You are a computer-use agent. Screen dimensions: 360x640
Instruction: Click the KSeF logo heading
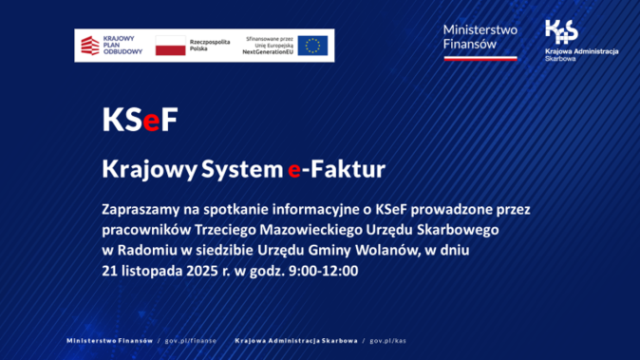[139, 121]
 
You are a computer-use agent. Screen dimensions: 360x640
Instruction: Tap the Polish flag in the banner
[170, 45]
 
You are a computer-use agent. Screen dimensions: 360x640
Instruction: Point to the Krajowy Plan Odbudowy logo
[110, 45]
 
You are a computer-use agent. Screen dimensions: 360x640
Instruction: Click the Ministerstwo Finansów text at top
[480, 37]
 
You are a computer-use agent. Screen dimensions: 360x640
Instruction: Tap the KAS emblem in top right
[560, 33]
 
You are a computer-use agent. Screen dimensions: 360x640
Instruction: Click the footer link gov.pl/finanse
[190, 339]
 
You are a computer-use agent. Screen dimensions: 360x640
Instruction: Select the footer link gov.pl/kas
[387, 339]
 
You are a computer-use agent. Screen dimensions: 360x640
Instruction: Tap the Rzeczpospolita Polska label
[213, 45]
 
